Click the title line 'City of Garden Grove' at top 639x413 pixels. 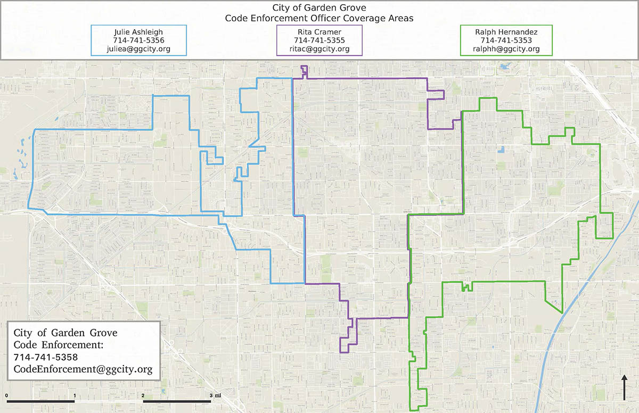(319, 7)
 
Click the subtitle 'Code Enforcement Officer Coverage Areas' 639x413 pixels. (319, 18)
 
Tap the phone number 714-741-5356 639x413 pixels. (138, 40)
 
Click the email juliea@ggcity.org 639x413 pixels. (138, 49)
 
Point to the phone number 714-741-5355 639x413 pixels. (319, 40)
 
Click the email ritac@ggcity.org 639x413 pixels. (319, 49)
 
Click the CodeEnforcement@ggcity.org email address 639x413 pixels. (83, 368)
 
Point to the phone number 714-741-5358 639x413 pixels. (46, 357)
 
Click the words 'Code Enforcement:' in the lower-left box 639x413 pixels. (58, 345)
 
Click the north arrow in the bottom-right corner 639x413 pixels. (624, 387)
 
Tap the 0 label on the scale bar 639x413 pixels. (6, 395)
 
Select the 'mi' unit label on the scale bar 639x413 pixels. (218, 395)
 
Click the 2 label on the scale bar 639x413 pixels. (144, 395)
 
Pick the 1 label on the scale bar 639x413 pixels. (75, 395)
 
